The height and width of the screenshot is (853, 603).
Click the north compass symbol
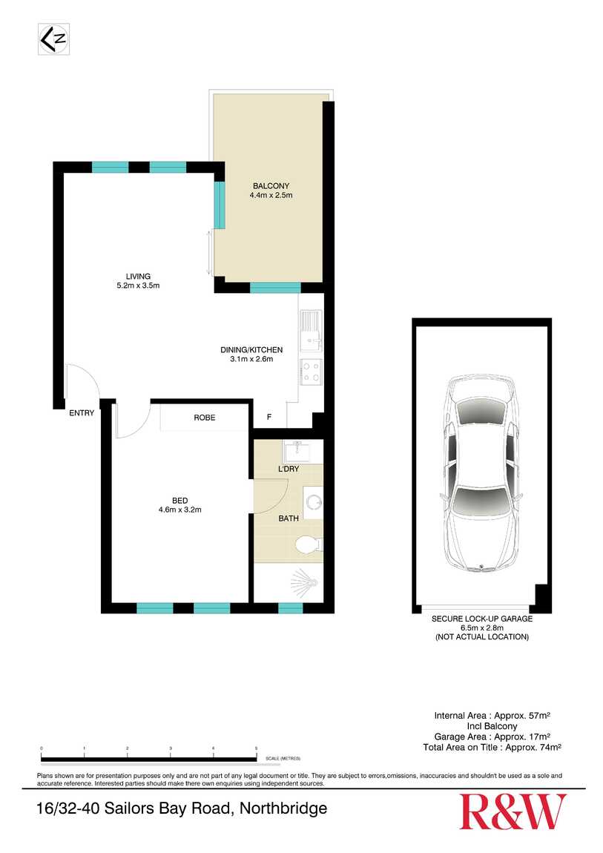pos(53,39)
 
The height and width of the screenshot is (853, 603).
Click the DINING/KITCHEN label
pos(251,349)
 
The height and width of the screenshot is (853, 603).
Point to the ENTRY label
pos(82,413)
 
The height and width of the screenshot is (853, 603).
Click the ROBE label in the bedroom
pos(205,418)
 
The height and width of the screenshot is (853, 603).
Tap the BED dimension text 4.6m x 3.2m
pos(180,510)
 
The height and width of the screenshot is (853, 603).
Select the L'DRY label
pos(289,470)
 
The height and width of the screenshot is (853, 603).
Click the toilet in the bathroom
pos(308,545)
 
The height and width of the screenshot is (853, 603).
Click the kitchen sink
pos(311,331)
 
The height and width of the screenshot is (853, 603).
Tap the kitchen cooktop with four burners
pos(310,372)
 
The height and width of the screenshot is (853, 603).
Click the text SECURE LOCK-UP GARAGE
pos(482,618)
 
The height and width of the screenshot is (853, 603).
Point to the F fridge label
pos(269,418)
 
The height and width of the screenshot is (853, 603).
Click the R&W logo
pos(513,812)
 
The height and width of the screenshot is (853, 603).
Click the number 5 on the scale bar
pos(256,749)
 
